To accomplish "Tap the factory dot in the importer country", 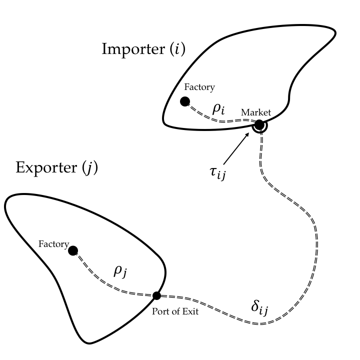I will click(185, 101).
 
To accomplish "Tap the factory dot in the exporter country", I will click(73, 250).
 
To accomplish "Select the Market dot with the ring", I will click(259, 125).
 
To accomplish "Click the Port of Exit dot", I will click(156, 295).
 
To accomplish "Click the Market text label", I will click(255, 112).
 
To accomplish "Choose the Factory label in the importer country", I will click(199, 87).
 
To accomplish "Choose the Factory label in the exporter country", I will click(53, 244).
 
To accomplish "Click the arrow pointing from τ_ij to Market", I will click(237, 148).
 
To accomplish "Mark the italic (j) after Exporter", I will click(90, 167).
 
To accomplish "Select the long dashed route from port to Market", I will click(310, 225).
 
